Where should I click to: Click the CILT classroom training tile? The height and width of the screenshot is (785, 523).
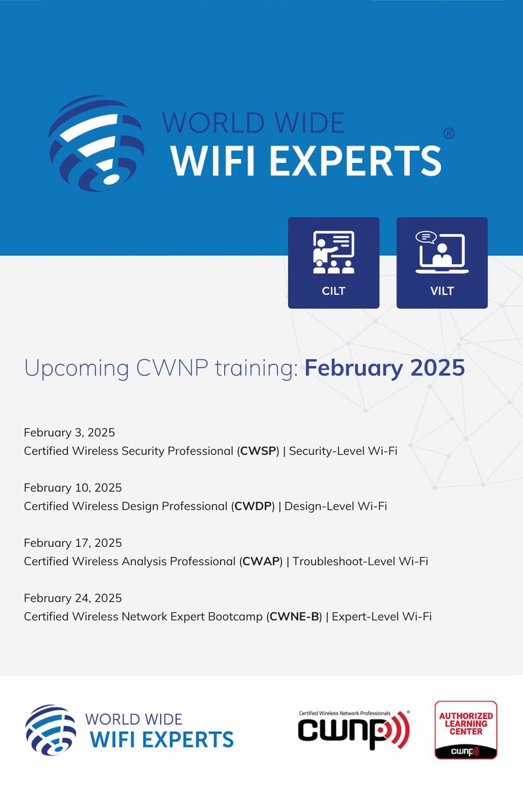[333, 262]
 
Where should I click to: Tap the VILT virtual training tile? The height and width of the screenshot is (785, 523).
[442, 262]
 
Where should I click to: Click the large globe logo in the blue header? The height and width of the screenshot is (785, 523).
[96, 143]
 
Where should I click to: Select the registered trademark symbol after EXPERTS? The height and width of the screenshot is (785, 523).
[448, 133]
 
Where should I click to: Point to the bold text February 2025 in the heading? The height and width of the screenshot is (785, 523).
[385, 368]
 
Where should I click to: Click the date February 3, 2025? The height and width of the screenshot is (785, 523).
[69, 432]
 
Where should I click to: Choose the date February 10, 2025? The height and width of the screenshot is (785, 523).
[73, 487]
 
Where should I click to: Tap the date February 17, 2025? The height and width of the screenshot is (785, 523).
[73, 542]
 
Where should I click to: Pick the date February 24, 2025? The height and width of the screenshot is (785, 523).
[73, 597]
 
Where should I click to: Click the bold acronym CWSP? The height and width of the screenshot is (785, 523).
[260, 451]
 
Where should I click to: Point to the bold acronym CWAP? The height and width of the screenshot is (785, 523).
[261, 561]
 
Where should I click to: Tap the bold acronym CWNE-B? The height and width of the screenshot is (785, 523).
[295, 616]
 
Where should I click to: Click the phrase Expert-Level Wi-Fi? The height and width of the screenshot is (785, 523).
[382, 616]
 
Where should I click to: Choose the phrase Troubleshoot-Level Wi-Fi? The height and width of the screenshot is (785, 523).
[360, 561]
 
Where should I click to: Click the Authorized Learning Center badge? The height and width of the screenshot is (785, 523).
[466, 730]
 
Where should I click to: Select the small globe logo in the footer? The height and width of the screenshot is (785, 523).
[50, 729]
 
